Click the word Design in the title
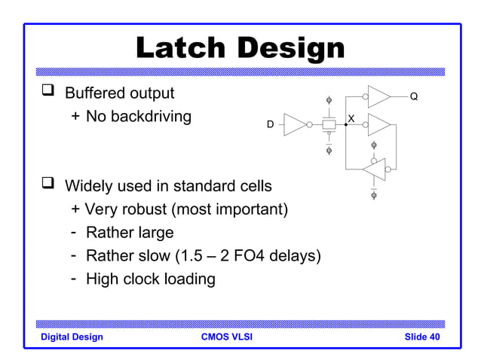pos(290,48)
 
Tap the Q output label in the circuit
pos(414,96)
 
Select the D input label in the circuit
pos(270,124)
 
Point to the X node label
pos(351,117)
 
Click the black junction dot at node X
pos(345,124)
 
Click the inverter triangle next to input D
pos(294,124)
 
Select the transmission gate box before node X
pos(329,124)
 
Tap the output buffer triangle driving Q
pos(378,96)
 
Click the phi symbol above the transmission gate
pos(328,100)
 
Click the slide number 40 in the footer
pos(434,337)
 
